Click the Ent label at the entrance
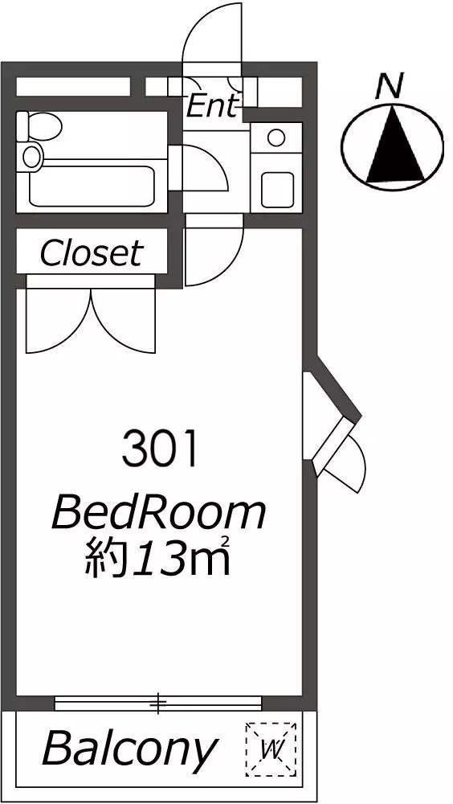[213, 106]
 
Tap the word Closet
[92, 252]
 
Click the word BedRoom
[159, 514]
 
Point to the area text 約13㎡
[157, 557]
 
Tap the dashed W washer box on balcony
[271, 749]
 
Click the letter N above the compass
[390, 86]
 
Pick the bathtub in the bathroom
[92, 185]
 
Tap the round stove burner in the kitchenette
[276, 137]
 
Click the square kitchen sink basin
[277, 190]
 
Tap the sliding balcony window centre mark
[159, 703]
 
